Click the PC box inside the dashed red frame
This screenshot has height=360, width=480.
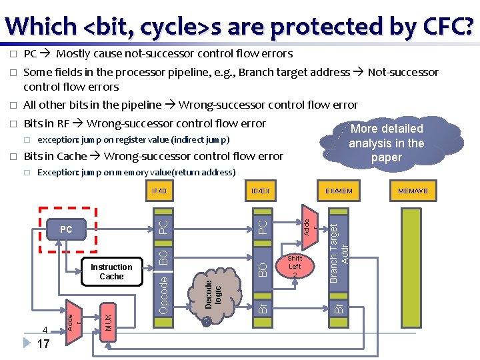pyautogui.click(x=66, y=229)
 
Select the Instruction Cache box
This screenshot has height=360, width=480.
pyautogui.click(x=111, y=271)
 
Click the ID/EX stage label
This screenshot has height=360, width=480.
pyautogui.click(x=260, y=191)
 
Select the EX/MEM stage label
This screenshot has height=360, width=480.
pyautogui.click(x=339, y=191)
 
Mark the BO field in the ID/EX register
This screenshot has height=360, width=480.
pyautogui.click(x=263, y=269)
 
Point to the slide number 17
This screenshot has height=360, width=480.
pyautogui.click(x=44, y=345)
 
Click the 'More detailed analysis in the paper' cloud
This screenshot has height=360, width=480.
pyautogui.click(x=387, y=143)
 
